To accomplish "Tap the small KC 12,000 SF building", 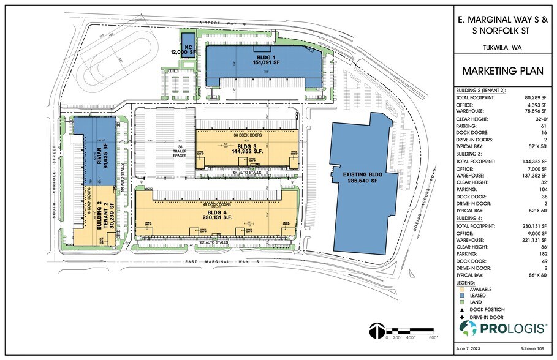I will (186, 49).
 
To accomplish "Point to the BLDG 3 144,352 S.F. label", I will (244, 149).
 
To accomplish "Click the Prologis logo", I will (503, 328).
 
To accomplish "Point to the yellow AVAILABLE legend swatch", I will (461, 290).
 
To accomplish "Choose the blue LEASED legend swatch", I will (461, 296).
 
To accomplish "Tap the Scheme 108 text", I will (533, 348).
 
